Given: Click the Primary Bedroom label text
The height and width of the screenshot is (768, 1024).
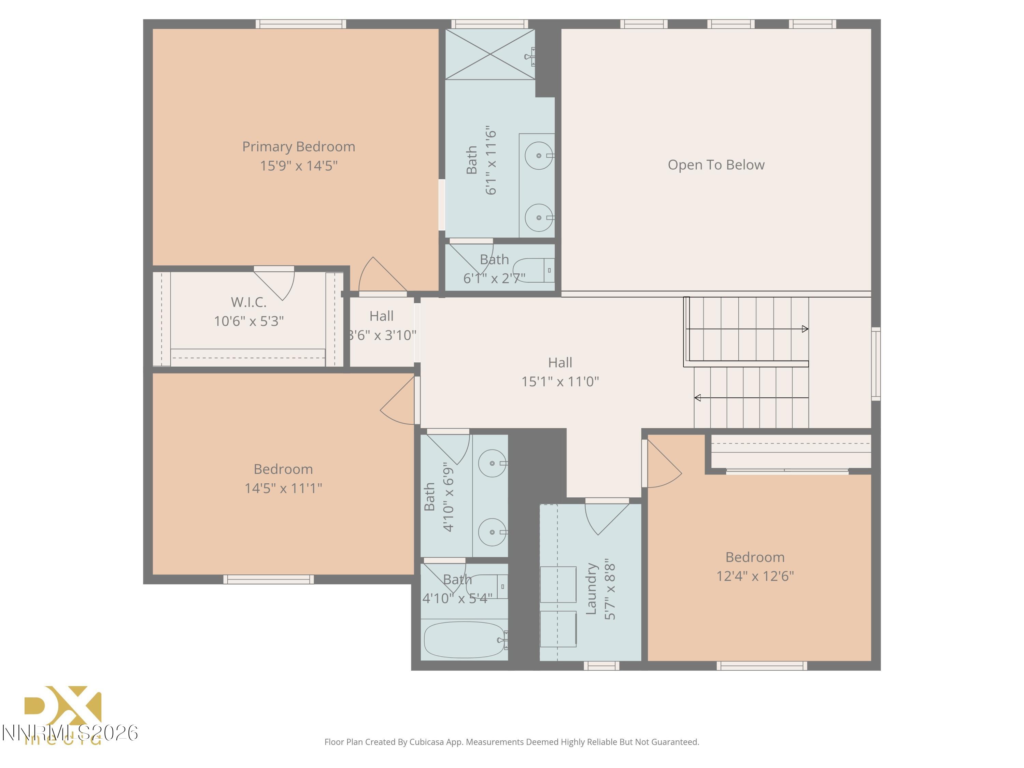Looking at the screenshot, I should [299, 147].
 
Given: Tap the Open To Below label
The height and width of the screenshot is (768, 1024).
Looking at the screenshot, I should [716, 165].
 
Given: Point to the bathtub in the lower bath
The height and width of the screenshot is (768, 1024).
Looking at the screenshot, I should [464, 640].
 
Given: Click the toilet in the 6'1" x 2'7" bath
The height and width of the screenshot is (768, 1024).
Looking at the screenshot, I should [532, 270].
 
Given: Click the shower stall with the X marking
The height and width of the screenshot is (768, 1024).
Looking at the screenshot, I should [490, 54].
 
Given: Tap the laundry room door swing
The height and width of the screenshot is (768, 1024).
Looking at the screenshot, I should [604, 517].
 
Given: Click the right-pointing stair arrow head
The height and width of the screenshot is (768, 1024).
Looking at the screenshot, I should [805, 329].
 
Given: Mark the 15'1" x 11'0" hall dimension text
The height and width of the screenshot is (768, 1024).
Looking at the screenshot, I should [560, 382].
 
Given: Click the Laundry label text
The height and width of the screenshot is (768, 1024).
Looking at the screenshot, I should [591, 589].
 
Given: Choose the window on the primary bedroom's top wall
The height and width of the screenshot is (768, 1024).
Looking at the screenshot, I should [301, 24].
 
